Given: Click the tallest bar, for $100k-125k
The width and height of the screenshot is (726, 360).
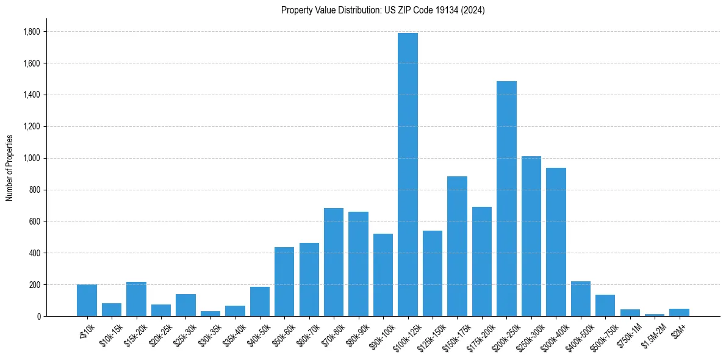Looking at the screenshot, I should [408, 175].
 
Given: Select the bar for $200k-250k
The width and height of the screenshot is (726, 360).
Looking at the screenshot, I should [506, 198].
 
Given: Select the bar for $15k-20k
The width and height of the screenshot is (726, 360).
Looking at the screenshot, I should [136, 299].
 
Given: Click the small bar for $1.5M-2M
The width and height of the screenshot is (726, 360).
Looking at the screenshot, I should [655, 315].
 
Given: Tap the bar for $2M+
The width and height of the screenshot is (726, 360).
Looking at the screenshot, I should [679, 312].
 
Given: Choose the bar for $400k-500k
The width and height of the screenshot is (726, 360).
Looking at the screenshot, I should [581, 298].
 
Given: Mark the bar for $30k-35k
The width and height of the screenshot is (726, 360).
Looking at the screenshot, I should [210, 314].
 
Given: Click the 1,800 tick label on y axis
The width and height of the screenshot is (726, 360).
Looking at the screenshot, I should [32, 32].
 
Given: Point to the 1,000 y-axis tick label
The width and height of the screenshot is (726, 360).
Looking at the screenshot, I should [32, 158].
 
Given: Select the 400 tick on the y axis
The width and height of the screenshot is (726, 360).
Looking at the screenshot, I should [35, 253].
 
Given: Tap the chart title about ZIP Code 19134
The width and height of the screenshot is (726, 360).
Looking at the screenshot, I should [383, 10].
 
